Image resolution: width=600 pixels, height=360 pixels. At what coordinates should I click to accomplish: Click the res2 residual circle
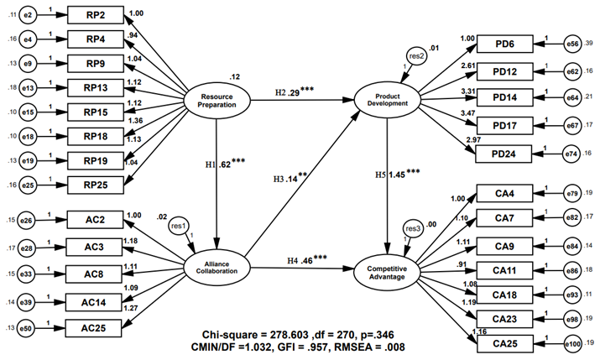tap(413, 55)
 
